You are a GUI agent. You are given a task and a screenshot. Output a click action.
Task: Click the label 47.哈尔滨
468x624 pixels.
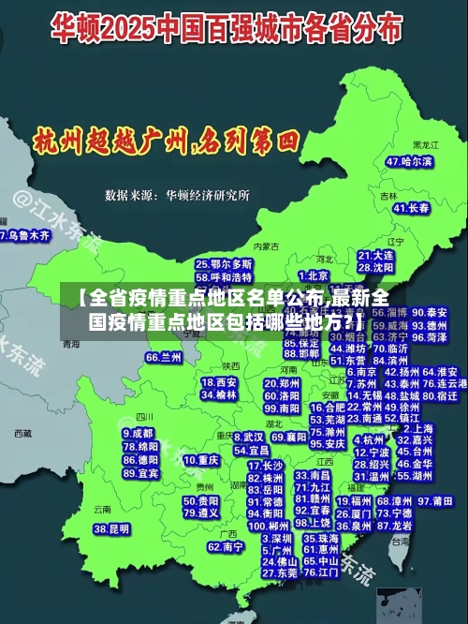click(409, 162)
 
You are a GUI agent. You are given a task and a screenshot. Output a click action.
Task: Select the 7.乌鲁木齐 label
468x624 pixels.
click(25, 236)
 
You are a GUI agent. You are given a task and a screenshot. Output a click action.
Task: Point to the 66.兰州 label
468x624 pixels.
click(164, 358)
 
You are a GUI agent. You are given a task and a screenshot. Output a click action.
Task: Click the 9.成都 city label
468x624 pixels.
click(139, 433)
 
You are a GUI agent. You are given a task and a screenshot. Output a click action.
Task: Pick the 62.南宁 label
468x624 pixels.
click(226, 546)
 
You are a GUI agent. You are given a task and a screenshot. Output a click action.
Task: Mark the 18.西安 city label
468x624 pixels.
click(220, 382)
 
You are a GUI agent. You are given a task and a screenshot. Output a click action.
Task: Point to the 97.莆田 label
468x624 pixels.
click(437, 501)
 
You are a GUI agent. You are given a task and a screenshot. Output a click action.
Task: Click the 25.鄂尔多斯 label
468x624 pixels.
click(224, 265)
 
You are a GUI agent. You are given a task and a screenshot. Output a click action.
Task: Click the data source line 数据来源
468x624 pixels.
click(177, 195)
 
